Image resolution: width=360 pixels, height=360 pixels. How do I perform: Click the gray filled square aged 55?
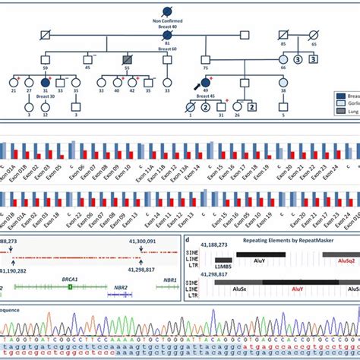pyautogui.click(x=128, y=58)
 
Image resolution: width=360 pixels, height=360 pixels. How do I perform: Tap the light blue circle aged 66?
pyautogui.click(x=283, y=58)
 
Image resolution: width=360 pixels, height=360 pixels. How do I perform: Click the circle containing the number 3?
pyautogui.click(x=298, y=58)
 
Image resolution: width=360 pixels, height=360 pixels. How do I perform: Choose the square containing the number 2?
pyautogui.click(x=252, y=107)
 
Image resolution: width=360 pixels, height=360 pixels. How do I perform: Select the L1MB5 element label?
pyautogui.click(x=223, y=269)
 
